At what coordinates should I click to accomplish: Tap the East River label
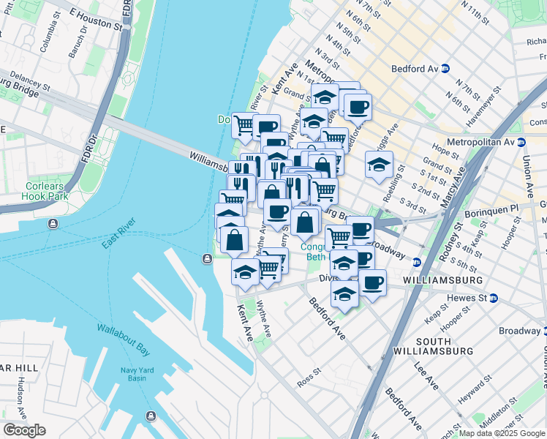(x=118, y=233)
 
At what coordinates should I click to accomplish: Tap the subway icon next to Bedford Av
(x=444, y=69)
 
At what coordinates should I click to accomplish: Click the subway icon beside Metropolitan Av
(x=521, y=142)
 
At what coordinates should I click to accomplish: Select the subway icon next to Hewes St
(x=493, y=298)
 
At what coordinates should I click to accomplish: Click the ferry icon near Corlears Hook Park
(x=53, y=223)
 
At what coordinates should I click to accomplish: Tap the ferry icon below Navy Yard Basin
(x=151, y=416)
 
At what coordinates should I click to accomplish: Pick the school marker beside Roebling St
(x=379, y=165)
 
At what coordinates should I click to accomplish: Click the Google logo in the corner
(x=24, y=429)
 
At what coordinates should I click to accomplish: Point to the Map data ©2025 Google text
(x=501, y=433)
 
